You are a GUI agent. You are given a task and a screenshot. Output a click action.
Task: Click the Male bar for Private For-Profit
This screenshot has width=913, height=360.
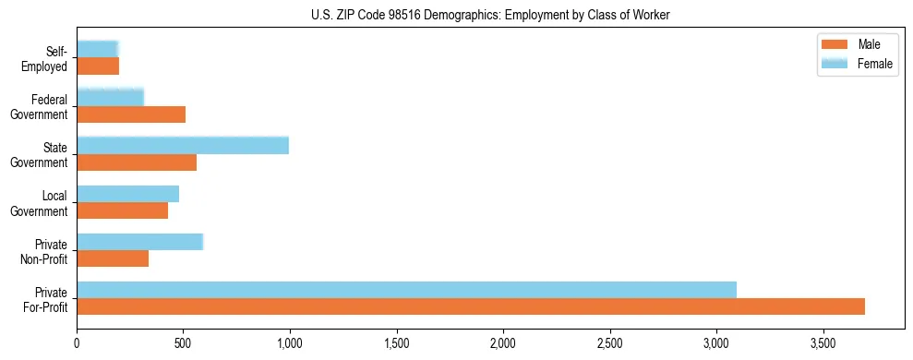(471, 306)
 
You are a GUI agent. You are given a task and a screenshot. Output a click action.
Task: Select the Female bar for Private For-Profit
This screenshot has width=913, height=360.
(406, 290)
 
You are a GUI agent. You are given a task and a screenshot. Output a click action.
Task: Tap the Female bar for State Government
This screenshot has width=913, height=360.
(183, 146)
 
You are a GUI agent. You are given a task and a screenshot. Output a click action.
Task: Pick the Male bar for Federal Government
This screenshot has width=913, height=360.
(131, 114)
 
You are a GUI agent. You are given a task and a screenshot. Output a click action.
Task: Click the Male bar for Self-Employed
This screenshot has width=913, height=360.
(98, 66)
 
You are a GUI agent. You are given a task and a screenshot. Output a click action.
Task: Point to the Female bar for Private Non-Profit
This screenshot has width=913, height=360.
(139, 242)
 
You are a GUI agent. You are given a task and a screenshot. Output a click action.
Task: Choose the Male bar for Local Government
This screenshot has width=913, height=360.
(123, 210)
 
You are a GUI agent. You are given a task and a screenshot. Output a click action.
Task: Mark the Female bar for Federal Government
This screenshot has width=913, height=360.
(110, 98)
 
